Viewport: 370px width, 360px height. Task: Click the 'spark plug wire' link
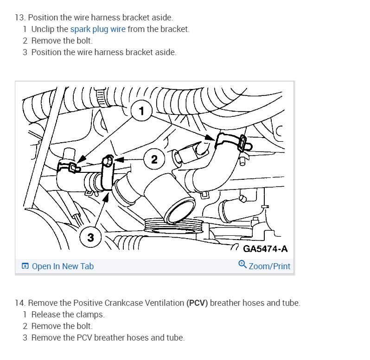(x=97, y=29)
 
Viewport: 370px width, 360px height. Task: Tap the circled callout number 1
(x=141, y=111)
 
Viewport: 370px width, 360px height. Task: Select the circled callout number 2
(x=154, y=159)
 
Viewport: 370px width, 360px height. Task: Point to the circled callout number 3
(x=90, y=238)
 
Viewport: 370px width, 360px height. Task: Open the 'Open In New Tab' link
(x=63, y=266)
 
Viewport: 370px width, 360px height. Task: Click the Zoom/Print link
(x=269, y=266)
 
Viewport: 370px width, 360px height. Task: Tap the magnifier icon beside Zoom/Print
(x=242, y=265)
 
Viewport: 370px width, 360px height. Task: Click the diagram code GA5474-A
(x=265, y=249)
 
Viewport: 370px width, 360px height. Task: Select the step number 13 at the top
(x=19, y=18)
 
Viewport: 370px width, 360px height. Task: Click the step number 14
(x=19, y=303)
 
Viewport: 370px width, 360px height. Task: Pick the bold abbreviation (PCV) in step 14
(x=197, y=303)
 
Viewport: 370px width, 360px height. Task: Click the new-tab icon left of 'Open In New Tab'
(x=25, y=266)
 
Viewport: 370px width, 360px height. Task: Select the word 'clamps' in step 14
(x=91, y=315)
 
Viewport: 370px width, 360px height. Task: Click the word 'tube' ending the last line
(x=175, y=338)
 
